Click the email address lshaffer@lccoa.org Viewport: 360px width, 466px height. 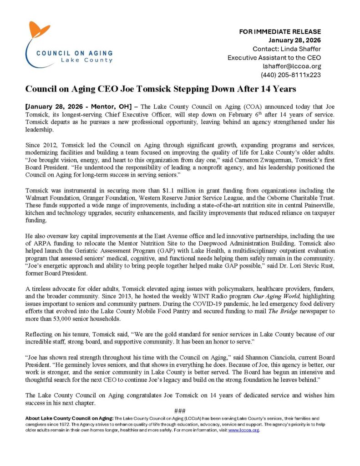coord(290,66)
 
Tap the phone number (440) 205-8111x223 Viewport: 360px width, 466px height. coord(291,75)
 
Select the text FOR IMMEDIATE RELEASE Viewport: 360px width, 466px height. coord(280,32)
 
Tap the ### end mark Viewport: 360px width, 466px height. coord(180,411)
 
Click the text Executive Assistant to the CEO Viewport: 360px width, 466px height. coord(274,57)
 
